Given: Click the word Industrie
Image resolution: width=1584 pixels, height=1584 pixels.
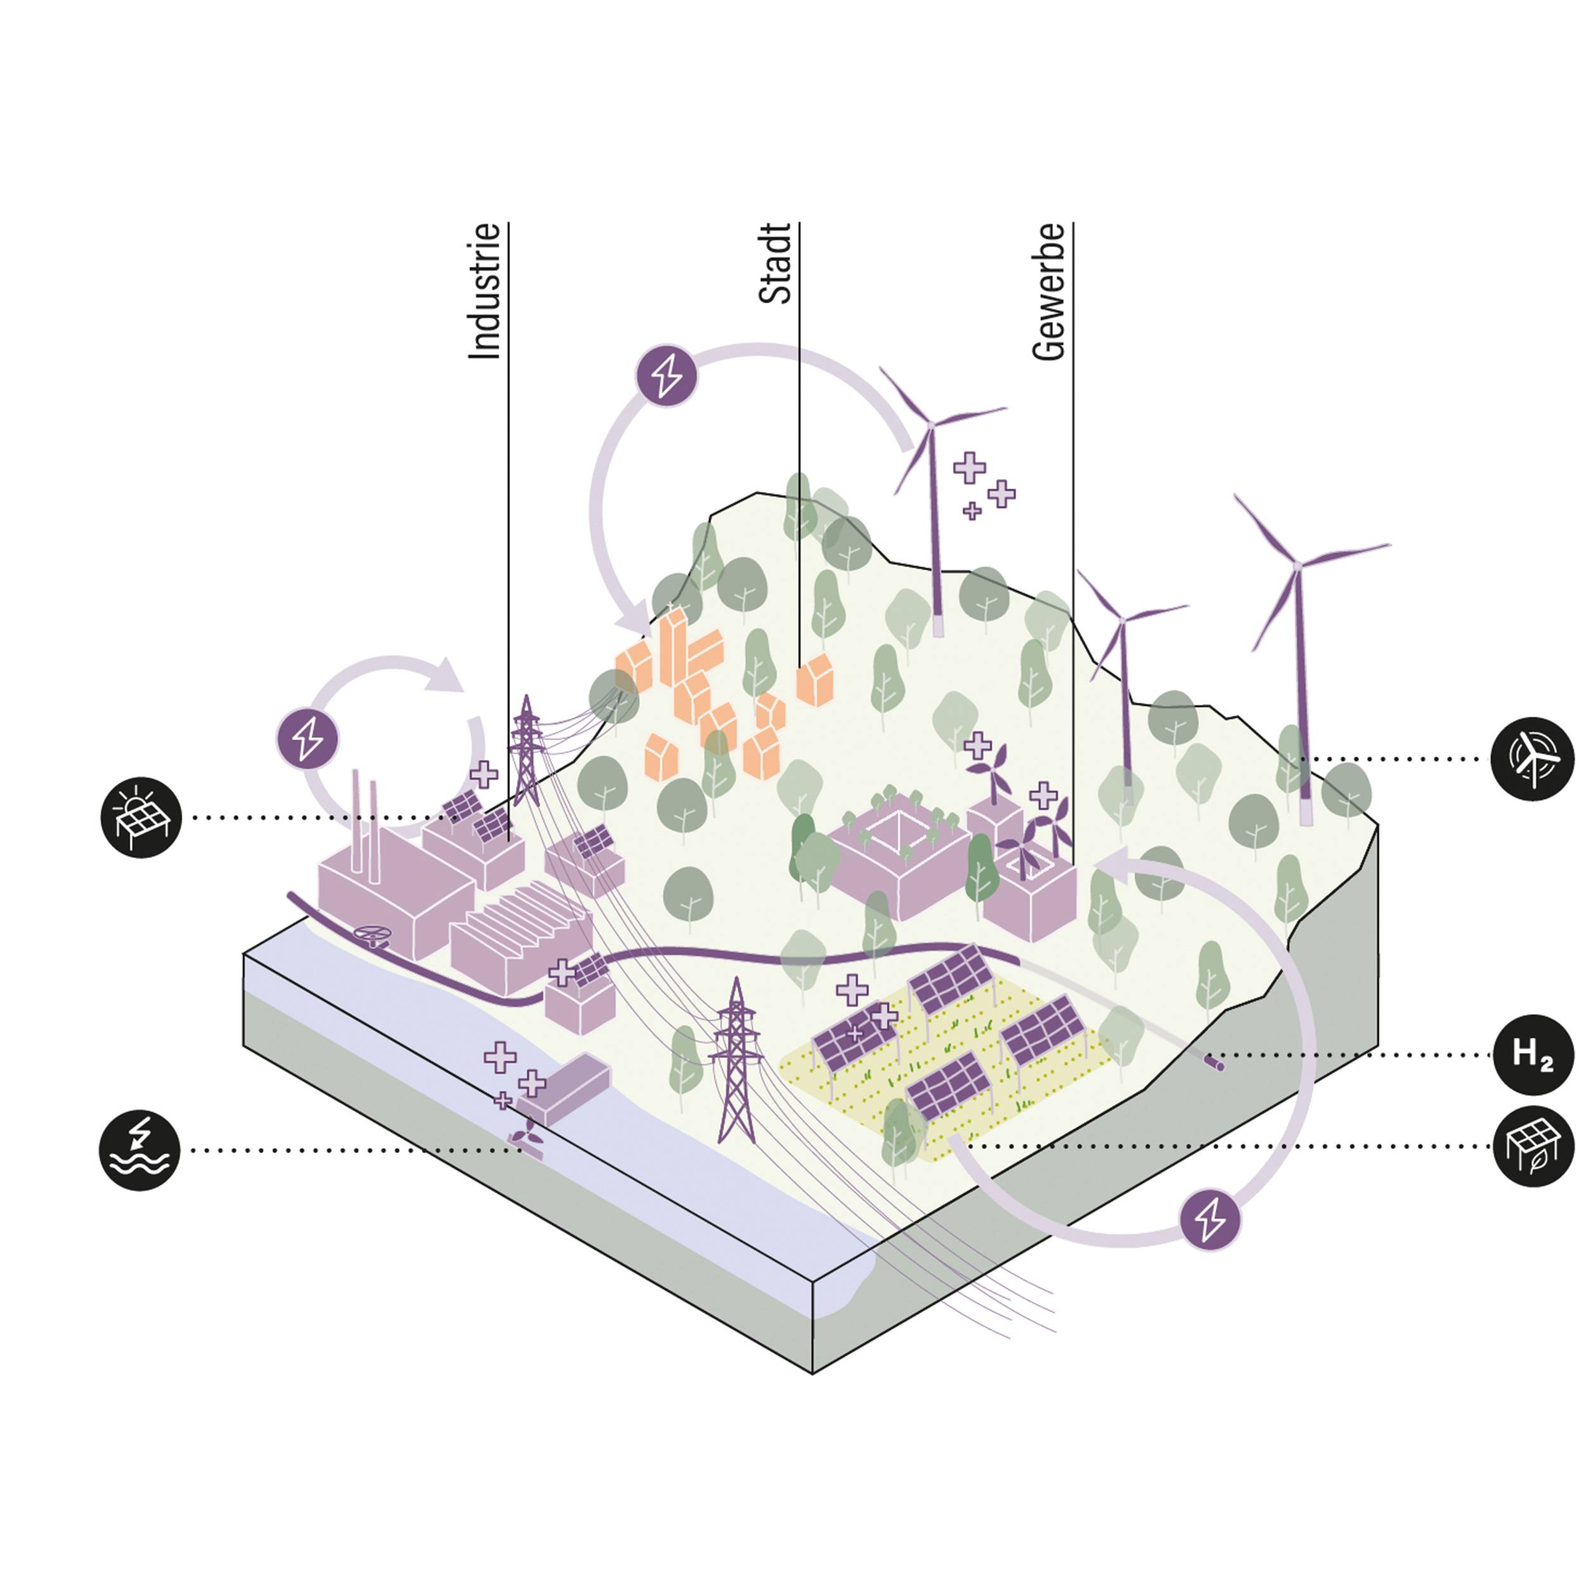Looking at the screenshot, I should (x=483, y=291).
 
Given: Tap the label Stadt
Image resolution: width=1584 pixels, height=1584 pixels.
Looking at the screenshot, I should (x=776, y=264).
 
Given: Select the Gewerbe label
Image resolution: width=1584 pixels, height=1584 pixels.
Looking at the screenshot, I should (x=1049, y=292).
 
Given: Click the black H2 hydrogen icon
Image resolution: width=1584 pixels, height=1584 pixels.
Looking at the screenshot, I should (x=1532, y=1054).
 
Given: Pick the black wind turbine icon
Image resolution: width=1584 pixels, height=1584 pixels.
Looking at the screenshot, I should (x=1532, y=759).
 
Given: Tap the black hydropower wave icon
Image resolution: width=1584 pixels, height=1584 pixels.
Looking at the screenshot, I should (x=139, y=1150).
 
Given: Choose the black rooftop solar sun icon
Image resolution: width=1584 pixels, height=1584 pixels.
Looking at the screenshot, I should (x=141, y=817).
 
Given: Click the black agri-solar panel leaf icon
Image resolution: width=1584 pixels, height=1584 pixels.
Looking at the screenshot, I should (x=1532, y=1146).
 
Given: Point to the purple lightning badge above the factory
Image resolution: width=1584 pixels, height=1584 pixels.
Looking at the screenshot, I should (x=307, y=739).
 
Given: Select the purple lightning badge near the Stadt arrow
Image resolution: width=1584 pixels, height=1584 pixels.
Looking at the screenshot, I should (x=667, y=376).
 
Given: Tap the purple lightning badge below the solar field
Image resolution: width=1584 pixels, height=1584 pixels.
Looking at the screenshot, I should (x=1210, y=1220).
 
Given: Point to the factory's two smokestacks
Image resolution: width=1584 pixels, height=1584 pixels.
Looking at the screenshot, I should (x=364, y=820).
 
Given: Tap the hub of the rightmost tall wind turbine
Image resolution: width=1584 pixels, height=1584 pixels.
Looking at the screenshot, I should (x=1296, y=565).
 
